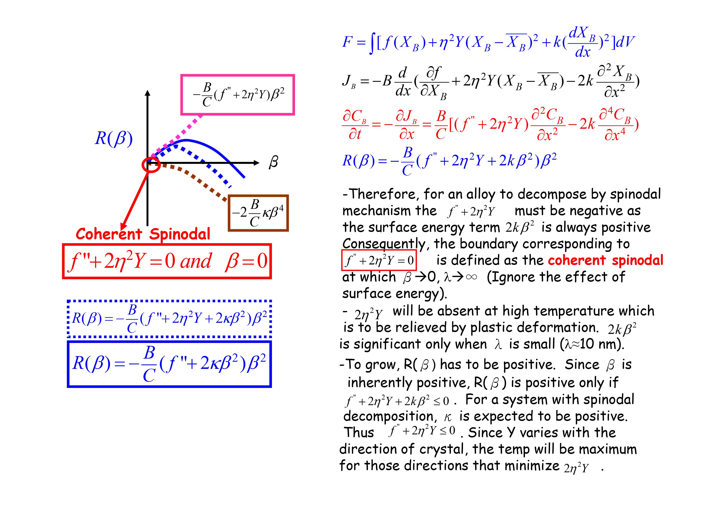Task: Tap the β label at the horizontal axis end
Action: (273, 163)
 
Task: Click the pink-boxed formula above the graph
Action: (237, 95)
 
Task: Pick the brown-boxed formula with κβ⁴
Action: (258, 213)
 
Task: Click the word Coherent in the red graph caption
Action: (109, 234)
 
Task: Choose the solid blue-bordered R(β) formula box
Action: (169, 364)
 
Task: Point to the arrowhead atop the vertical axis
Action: (148, 92)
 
